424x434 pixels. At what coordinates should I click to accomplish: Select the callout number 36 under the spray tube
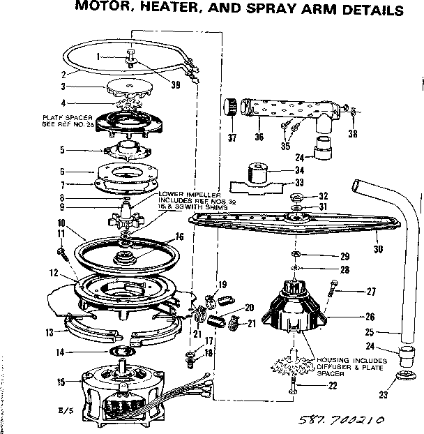coord(259,137)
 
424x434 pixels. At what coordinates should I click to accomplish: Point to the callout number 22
coord(333,387)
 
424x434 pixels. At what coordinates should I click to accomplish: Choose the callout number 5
coord(62,149)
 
